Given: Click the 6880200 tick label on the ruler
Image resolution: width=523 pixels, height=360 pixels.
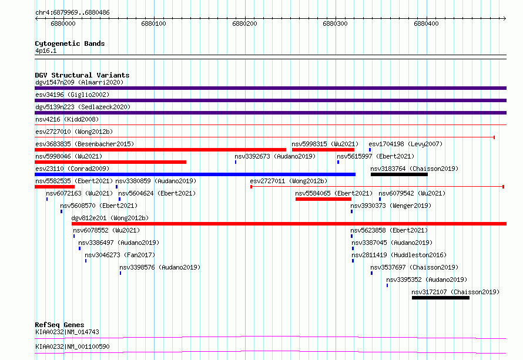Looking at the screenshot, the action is point(244,23).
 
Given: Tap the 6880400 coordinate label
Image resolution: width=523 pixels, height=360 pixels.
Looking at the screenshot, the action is point(426,23).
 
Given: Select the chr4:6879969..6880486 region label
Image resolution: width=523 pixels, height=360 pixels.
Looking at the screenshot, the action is point(72,13).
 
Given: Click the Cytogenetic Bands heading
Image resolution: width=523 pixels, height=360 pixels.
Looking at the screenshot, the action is point(70,43).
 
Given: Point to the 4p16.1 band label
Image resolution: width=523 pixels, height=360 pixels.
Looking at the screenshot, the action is point(46,51).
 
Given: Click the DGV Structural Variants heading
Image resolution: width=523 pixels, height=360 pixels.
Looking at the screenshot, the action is point(82,75).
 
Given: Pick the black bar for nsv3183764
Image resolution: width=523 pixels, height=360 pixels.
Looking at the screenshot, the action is point(399,174).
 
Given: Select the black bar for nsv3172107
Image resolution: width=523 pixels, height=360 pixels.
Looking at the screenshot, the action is point(441,298).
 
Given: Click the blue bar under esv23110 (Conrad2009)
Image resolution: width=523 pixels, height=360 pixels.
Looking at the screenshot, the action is point(195,174).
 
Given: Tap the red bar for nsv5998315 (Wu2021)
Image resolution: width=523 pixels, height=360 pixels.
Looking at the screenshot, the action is point(323,150).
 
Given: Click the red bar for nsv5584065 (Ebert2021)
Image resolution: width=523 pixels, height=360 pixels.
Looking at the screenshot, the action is point(323,199).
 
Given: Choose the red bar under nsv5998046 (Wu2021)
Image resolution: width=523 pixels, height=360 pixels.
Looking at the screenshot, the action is point(110,162).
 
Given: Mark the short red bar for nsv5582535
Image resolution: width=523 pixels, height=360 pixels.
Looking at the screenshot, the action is point(55,187).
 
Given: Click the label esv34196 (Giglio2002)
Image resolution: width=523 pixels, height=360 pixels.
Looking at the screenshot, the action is point(72,95).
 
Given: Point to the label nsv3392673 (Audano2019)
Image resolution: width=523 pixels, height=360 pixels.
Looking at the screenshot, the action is point(275,156).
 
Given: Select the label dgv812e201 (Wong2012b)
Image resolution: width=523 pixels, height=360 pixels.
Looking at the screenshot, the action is point(110,218).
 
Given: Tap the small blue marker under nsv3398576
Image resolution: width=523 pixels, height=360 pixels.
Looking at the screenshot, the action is point(120,273).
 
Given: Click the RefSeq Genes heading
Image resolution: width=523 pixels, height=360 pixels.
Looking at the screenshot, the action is point(59,325).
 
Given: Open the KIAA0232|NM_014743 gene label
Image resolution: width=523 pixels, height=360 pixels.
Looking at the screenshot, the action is point(67,332).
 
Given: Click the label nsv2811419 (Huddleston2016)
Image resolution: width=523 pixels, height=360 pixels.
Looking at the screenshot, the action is point(399,255).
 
